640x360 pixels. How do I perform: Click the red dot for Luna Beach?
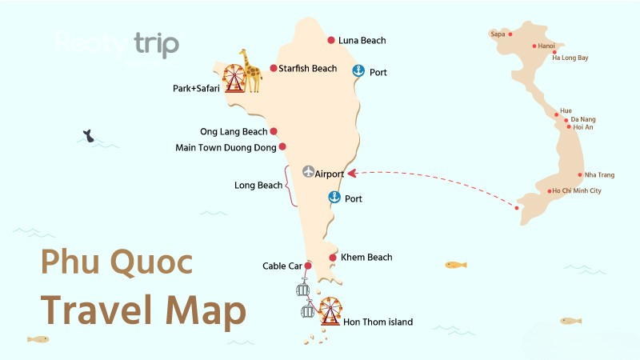click(x=331, y=40)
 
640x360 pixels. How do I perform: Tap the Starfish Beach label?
click(x=308, y=69)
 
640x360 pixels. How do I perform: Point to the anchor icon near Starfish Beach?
click(x=358, y=71)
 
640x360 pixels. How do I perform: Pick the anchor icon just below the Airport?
click(x=334, y=198)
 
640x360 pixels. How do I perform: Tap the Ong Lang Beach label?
click(x=234, y=132)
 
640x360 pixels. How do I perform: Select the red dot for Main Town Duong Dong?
click(x=282, y=147)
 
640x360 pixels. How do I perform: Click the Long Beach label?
click(x=258, y=186)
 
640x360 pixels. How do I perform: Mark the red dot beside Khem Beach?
click(x=332, y=257)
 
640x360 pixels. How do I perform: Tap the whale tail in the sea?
click(x=88, y=138)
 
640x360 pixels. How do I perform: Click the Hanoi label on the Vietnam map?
click(x=546, y=46)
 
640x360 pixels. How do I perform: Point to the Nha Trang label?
click(x=600, y=174)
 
